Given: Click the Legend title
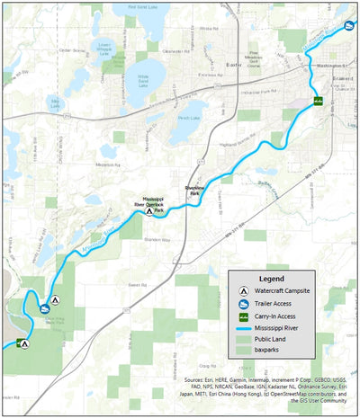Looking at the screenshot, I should pos(272,280).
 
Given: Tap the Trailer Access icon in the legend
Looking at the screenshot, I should pos(244,305).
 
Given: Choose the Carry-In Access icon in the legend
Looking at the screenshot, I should pos(244,316).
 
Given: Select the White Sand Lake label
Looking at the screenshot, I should pos(142,79).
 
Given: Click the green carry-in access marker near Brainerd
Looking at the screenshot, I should pos(318,100).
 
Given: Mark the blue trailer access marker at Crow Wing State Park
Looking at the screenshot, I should pos(43,310).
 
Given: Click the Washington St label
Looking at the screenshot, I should pos(331,67).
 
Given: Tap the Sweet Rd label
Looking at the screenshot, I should pos(137,285).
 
